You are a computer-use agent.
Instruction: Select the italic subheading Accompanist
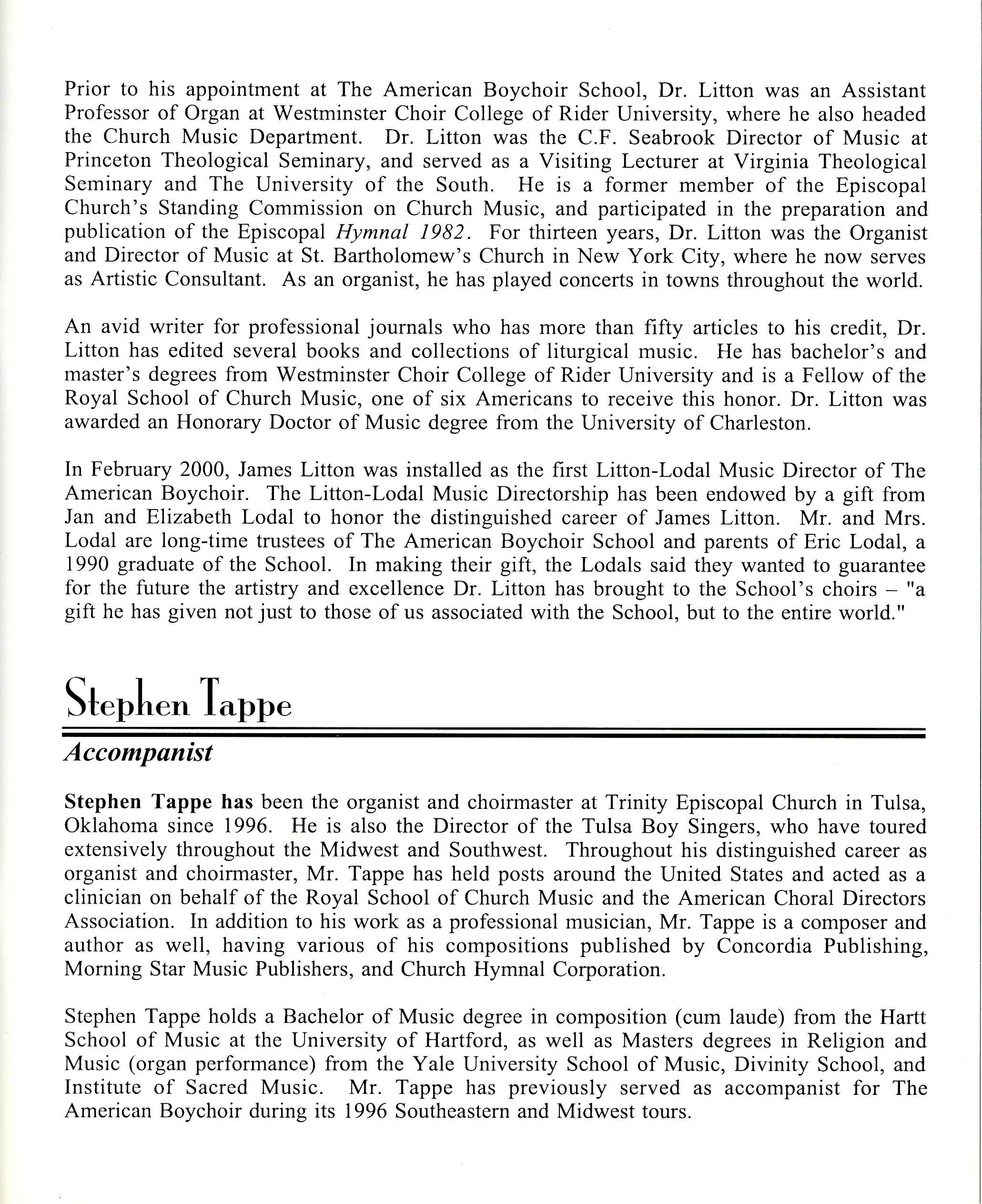pyautogui.click(x=138, y=753)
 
